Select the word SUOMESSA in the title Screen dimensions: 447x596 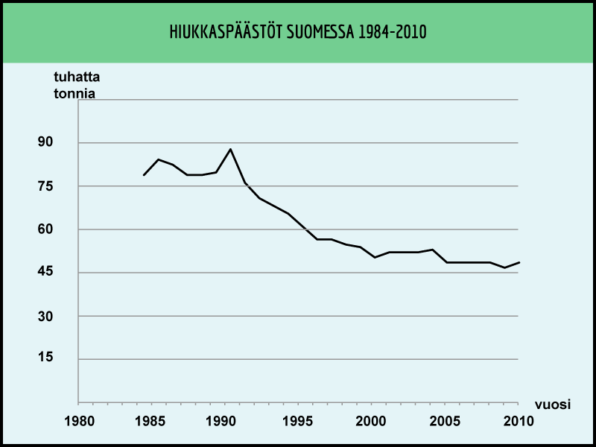317,33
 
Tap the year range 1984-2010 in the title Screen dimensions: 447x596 391,33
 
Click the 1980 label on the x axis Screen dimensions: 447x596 78,421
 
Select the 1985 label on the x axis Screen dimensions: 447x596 151,421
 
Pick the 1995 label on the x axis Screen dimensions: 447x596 298,421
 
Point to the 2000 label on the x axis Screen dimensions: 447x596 371,421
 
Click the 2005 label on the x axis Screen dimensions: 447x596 445,421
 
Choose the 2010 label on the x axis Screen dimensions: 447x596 518,421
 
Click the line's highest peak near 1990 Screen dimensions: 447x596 231,149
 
